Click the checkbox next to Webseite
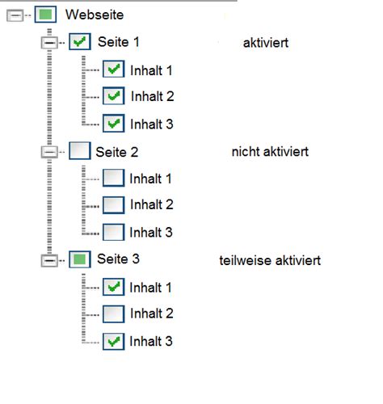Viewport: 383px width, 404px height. click(45, 15)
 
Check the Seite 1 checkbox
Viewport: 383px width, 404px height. click(80, 41)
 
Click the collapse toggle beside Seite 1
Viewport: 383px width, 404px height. click(49, 42)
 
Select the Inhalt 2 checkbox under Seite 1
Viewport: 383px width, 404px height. click(114, 96)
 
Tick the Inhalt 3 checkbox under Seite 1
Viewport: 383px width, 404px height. click(114, 124)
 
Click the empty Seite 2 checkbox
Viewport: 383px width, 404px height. click(80, 150)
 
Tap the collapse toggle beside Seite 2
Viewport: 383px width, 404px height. click(49, 151)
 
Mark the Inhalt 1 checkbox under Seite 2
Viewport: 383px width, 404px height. click(114, 178)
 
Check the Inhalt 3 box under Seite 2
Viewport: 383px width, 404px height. click(114, 232)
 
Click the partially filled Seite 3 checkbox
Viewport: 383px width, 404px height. click(80, 259)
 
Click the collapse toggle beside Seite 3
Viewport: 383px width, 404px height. click(49, 260)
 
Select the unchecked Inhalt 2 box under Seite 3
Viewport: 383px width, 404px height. click(114, 314)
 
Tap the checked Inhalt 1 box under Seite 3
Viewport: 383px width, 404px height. click(114, 287)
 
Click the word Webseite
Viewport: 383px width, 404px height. click(95, 15)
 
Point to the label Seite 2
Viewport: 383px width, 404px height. click(117, 151)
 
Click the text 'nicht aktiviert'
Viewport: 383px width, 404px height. click(269, 151)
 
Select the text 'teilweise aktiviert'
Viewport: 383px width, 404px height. click(270, 260)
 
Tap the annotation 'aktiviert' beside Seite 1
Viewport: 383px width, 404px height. click(265, 42)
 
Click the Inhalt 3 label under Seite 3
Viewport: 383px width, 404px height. click(151, 342)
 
